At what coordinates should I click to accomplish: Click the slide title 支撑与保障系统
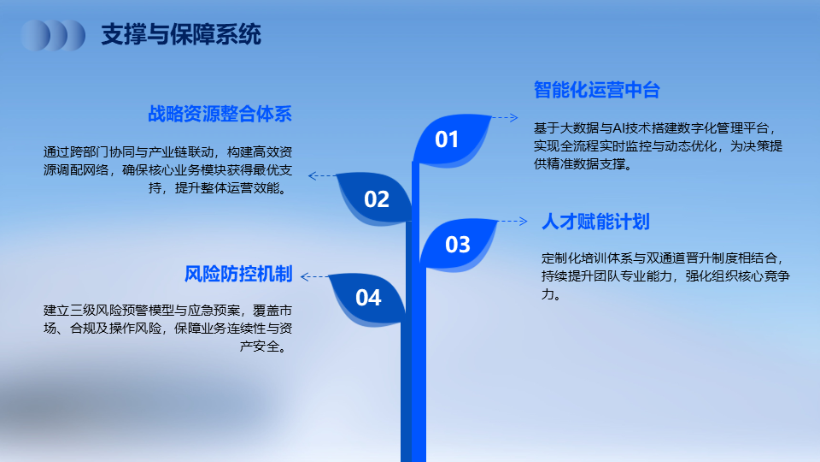click(181, 34)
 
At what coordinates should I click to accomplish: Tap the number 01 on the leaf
click(447, 139)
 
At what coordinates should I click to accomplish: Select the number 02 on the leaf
click(377, 199)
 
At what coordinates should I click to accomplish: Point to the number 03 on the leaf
click(458, 245)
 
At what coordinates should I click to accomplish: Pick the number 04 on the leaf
click(368, 298)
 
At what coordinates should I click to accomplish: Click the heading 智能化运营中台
click(597, 90)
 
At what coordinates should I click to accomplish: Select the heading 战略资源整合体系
click(220, 114)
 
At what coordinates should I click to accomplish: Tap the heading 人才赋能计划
click(595, 222)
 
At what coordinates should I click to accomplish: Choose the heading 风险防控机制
click(238, 274)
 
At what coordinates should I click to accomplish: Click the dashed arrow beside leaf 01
click(505, 118)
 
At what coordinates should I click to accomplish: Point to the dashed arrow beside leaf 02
click(322, 176)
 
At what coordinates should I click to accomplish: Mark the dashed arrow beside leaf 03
click(513, 221)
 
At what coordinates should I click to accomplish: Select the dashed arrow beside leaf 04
click(315, 276)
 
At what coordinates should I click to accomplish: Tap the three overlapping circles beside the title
click(53, 36)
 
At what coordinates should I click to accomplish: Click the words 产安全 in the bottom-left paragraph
click(260, 346)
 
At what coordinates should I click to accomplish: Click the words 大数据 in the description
click(579, 128)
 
